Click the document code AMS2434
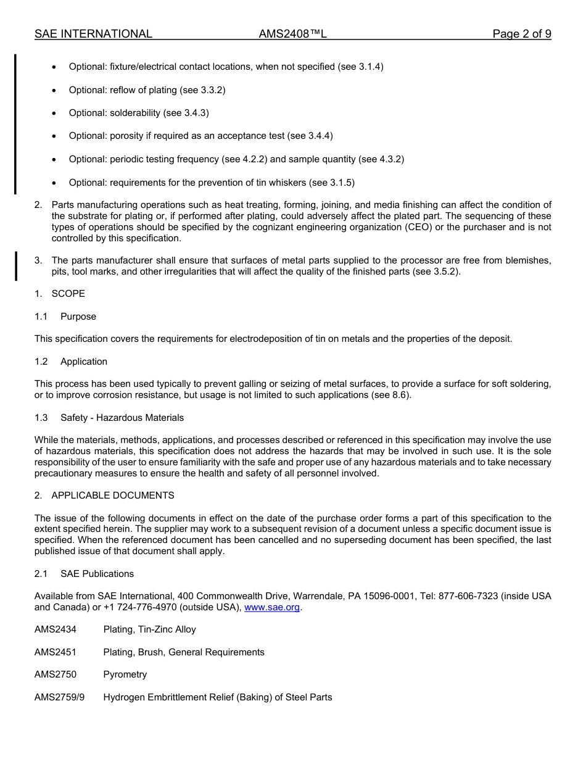55,629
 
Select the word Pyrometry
125,674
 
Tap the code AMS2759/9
59,697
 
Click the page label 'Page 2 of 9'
521,34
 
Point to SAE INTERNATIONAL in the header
93,34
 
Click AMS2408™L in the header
292,34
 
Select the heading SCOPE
68,294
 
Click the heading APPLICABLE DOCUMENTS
112,496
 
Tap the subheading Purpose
78,317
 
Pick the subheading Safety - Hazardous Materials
122,418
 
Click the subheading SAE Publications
97,574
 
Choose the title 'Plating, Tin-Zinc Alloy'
149,629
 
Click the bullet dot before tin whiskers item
55,183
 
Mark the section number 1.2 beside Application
41,362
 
